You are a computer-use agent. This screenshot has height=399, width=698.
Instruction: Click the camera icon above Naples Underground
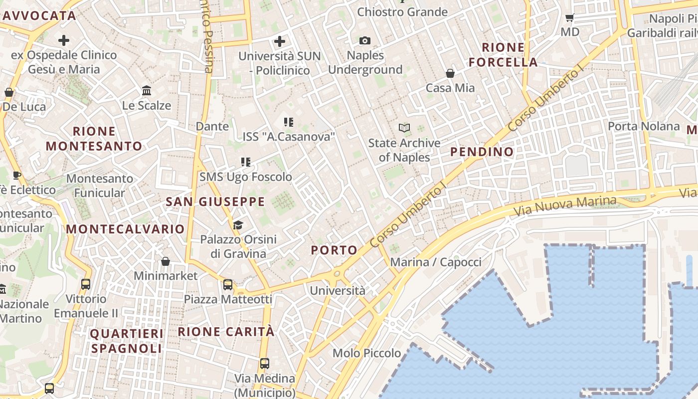click(365, 40)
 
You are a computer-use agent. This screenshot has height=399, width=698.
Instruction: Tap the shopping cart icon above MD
click(569, 17)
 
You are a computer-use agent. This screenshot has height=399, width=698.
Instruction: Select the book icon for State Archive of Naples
click(404, 128)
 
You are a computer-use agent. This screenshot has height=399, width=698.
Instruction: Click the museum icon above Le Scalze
click(147, 91)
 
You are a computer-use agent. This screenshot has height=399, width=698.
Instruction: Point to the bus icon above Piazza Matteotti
click(228, 285)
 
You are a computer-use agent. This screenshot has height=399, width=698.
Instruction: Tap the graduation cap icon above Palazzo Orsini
click(238, 225)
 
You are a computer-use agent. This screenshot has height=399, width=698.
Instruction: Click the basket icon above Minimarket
click(166, 261)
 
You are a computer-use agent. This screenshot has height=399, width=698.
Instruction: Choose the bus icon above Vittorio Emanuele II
click(86, 284)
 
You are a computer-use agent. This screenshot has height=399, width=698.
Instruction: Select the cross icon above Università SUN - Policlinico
click(280, 41)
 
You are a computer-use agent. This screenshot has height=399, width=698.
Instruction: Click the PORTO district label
click(334, 250)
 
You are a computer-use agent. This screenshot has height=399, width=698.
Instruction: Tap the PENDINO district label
click(482, 152)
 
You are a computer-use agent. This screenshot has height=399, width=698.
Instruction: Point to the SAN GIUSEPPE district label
click(215, 201)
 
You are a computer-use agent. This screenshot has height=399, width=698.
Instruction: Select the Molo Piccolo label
click(366, 353)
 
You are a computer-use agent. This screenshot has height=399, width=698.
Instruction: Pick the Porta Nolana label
click(643, 126)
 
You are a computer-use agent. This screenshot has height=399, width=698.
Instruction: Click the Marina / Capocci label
click(436, 262)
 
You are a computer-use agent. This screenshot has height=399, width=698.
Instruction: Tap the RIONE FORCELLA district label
click(503, 55)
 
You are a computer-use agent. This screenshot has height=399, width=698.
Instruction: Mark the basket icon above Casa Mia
click(450, 73)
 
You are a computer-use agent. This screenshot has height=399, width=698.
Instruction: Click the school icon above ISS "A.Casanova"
click(288, 122)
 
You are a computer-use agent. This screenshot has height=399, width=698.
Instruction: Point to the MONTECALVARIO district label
click(125, 229)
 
